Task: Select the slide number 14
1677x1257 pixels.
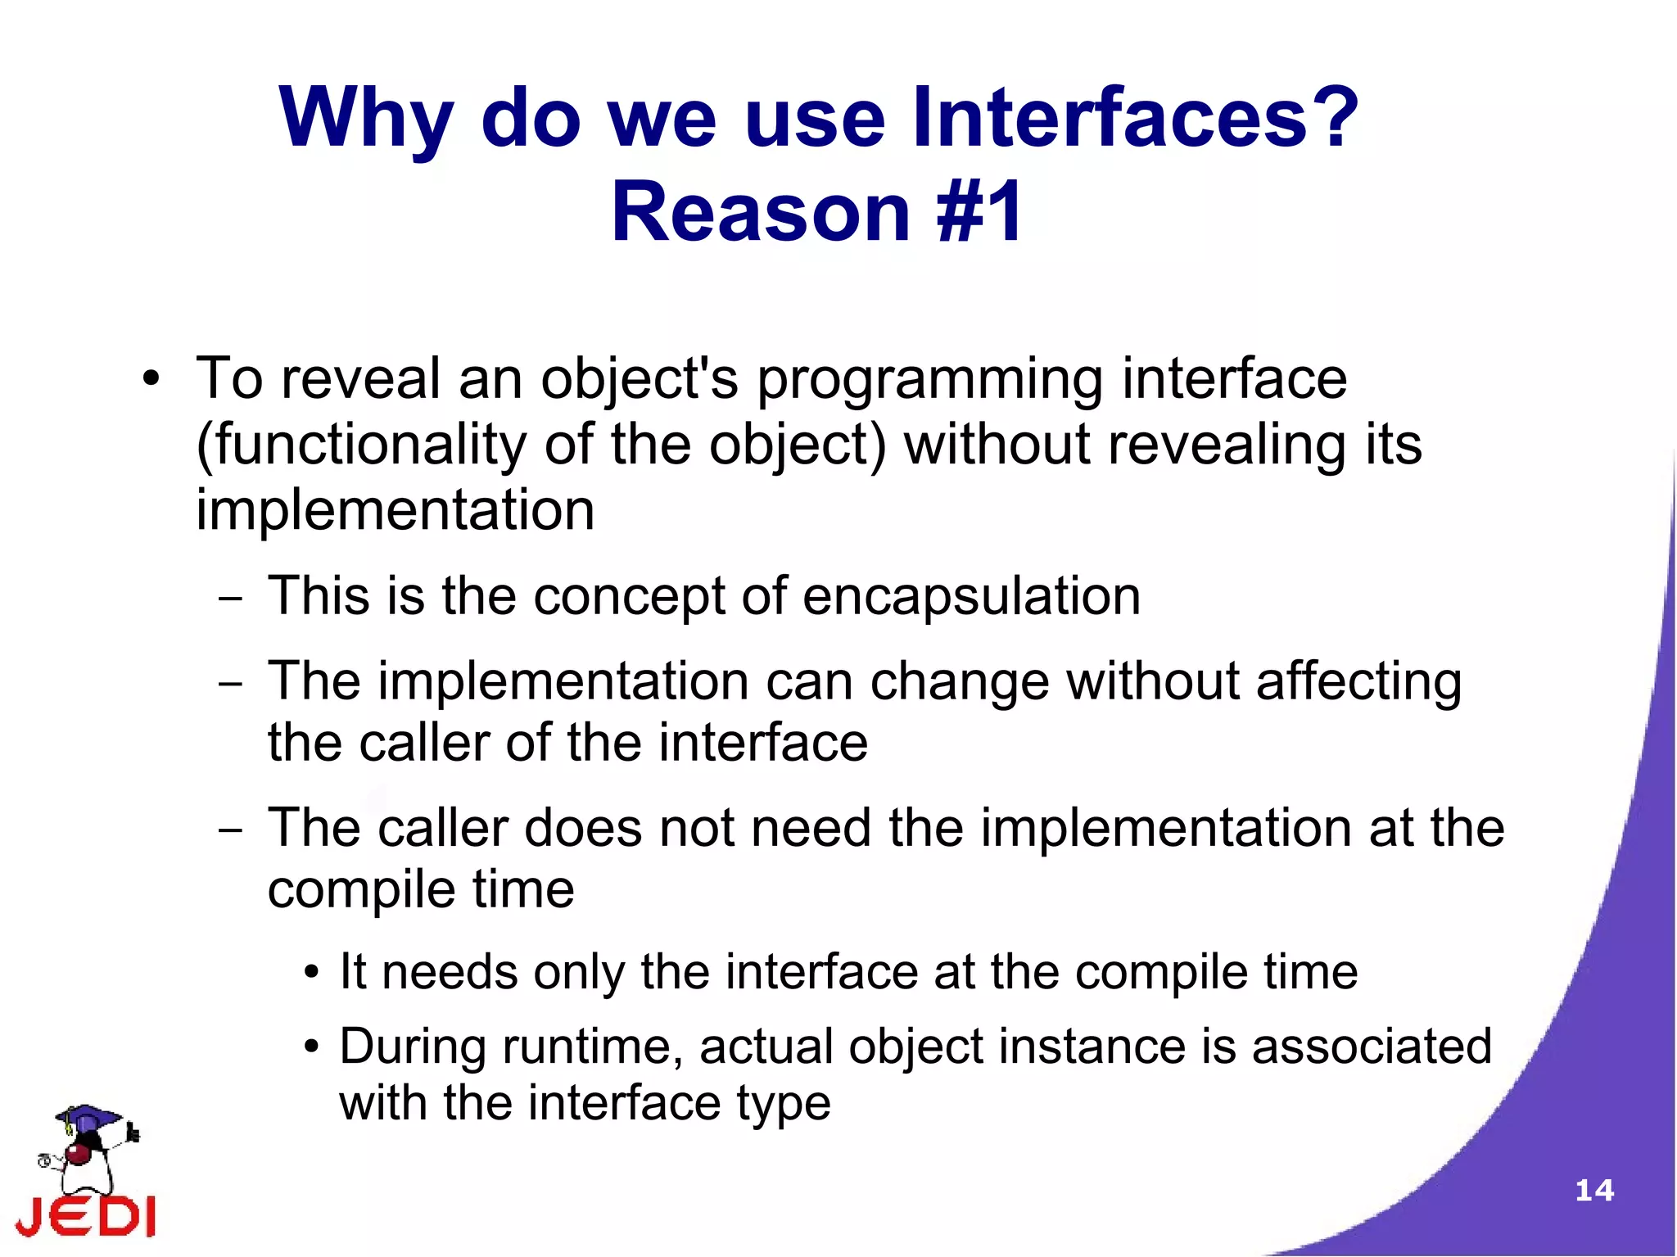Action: pos(1593,1190)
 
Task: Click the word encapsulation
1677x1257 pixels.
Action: pos(971,595)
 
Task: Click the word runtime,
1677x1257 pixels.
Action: pos(592,1047)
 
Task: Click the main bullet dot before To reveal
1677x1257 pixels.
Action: pos(150,380)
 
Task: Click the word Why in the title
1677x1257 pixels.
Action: pos(365,119)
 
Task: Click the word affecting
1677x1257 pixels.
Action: pos(1358,681)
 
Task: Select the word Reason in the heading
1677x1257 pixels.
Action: pos(761,213)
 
